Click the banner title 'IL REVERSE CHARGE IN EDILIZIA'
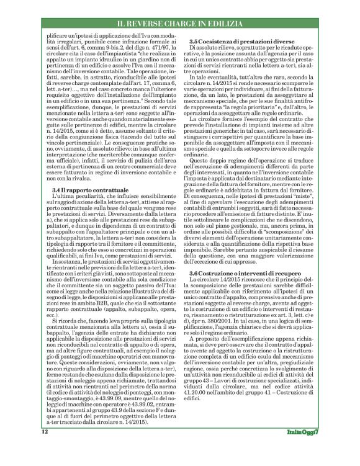[x=179, y=24]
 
